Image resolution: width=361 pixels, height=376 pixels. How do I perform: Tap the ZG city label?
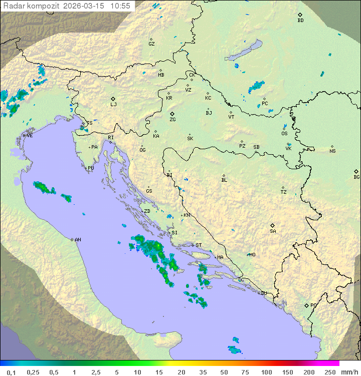click(172, 120)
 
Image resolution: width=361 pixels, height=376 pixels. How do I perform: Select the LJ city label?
click(113, 104)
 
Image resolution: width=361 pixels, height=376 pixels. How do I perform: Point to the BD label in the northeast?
click(300, 21)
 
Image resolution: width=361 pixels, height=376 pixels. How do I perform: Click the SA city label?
click(273, 231)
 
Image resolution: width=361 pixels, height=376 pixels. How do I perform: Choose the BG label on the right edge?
click(356, 177)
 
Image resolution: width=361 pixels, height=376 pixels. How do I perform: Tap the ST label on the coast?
click(199, 245)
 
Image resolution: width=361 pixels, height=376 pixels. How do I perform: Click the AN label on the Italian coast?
click(78, 240)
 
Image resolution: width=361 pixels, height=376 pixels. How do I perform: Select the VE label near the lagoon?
click(30, 136)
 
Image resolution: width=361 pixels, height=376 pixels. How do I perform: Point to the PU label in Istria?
click(91, 168)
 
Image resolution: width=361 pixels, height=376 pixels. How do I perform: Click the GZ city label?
click(151, 44)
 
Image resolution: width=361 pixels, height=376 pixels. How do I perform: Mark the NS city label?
click(332, 151)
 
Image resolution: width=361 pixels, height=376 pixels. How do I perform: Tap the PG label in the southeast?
click(313, 305)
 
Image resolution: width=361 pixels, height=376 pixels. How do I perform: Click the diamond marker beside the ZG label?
click(172, 114)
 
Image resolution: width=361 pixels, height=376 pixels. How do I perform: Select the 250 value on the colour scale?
click(329, 372)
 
